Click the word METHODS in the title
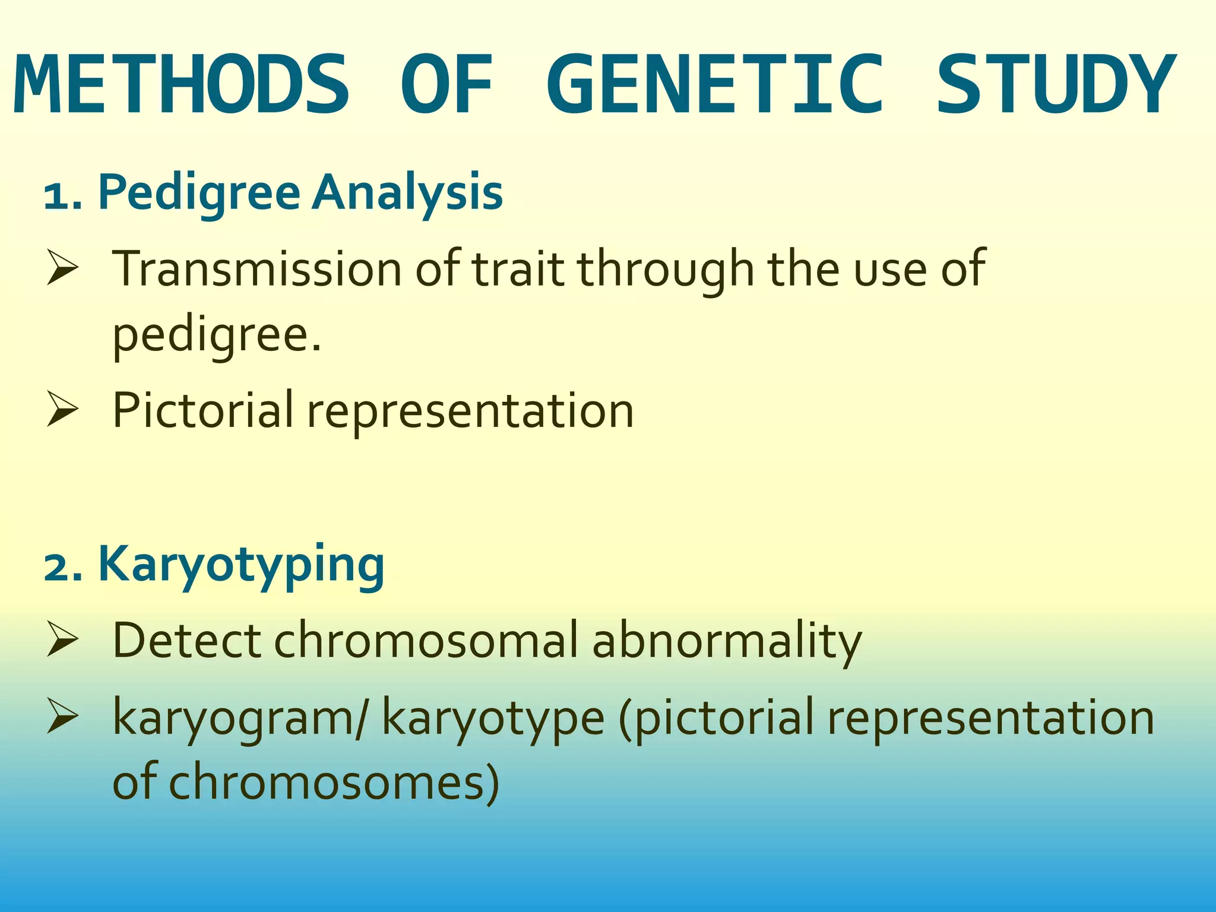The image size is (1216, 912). [x=181, y=84]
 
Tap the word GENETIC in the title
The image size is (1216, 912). [x=715, y=84]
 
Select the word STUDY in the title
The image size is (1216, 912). [x=1055, y=84]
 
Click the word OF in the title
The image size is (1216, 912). [x=447, y=84]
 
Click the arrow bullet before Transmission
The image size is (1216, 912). [x=62, y=268]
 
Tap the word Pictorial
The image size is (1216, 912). [x=202, y=410]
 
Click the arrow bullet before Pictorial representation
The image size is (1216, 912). [x=62, y=410]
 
